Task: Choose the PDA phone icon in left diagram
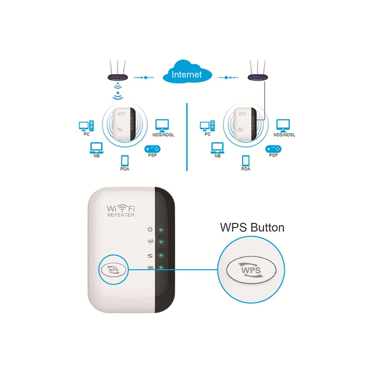[125, 160]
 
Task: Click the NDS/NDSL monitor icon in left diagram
[162, 126]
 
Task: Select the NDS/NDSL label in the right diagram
[284, 135]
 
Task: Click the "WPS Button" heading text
[252, 228]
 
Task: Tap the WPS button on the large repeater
[113, 270]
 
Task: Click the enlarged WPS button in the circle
[251, 270]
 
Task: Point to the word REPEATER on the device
[121, 215]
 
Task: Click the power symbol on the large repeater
[150, 229]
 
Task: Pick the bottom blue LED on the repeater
[161, 267]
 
